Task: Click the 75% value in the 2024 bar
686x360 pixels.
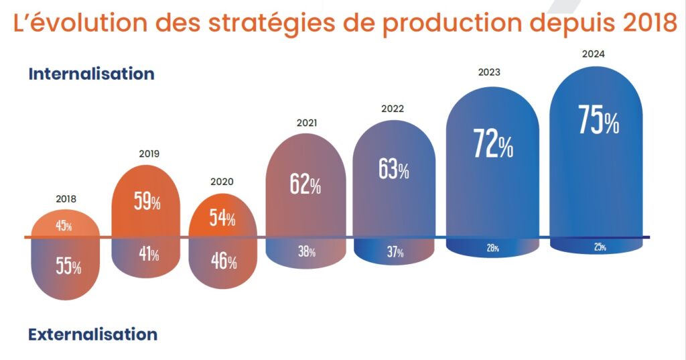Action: pyautogui.click(x=598, y=121)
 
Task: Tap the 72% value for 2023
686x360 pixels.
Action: pyautogui.click(x=492, y=143)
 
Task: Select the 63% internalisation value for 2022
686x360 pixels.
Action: pyautogui.click(x=393, y=170)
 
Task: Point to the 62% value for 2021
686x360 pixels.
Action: pyautogui.click(x=305, y=184)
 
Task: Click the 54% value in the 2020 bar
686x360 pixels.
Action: pyautogui.click(x=222, y=219)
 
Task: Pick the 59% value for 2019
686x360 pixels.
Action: pyautogui.click(x=146, y=202)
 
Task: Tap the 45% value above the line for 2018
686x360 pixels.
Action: pyautogui.click(x=64, y=226)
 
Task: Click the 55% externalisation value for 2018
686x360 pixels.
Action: pyautogui.click(x=68, y=267)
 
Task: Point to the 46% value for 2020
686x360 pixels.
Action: pyautogui.click(x=222, y=261)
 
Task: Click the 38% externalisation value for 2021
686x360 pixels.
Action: pyautogui.click(x=306, y=252)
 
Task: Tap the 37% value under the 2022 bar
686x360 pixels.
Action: pyautogui.click(x=395, y=253)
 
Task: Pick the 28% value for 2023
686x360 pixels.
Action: pyautogui.click(x=492, y=248)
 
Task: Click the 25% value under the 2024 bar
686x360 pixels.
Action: pyautogui.click(x=599, y=247)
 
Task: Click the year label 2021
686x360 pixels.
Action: pyautogui.click(x=306, y=123)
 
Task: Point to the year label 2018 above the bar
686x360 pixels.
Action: pyautogui.click(x=66, y=198)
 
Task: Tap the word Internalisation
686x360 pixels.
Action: pyautogui.click(x=91, y=74)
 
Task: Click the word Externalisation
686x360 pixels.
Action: pyautogui.click(x=92, y=334)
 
